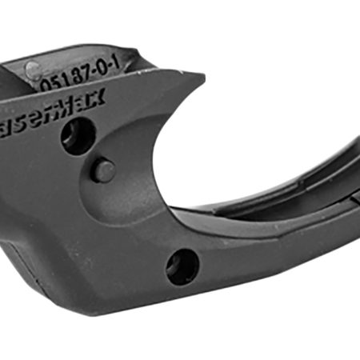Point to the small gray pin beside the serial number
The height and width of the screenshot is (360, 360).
[x=33, y=70]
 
